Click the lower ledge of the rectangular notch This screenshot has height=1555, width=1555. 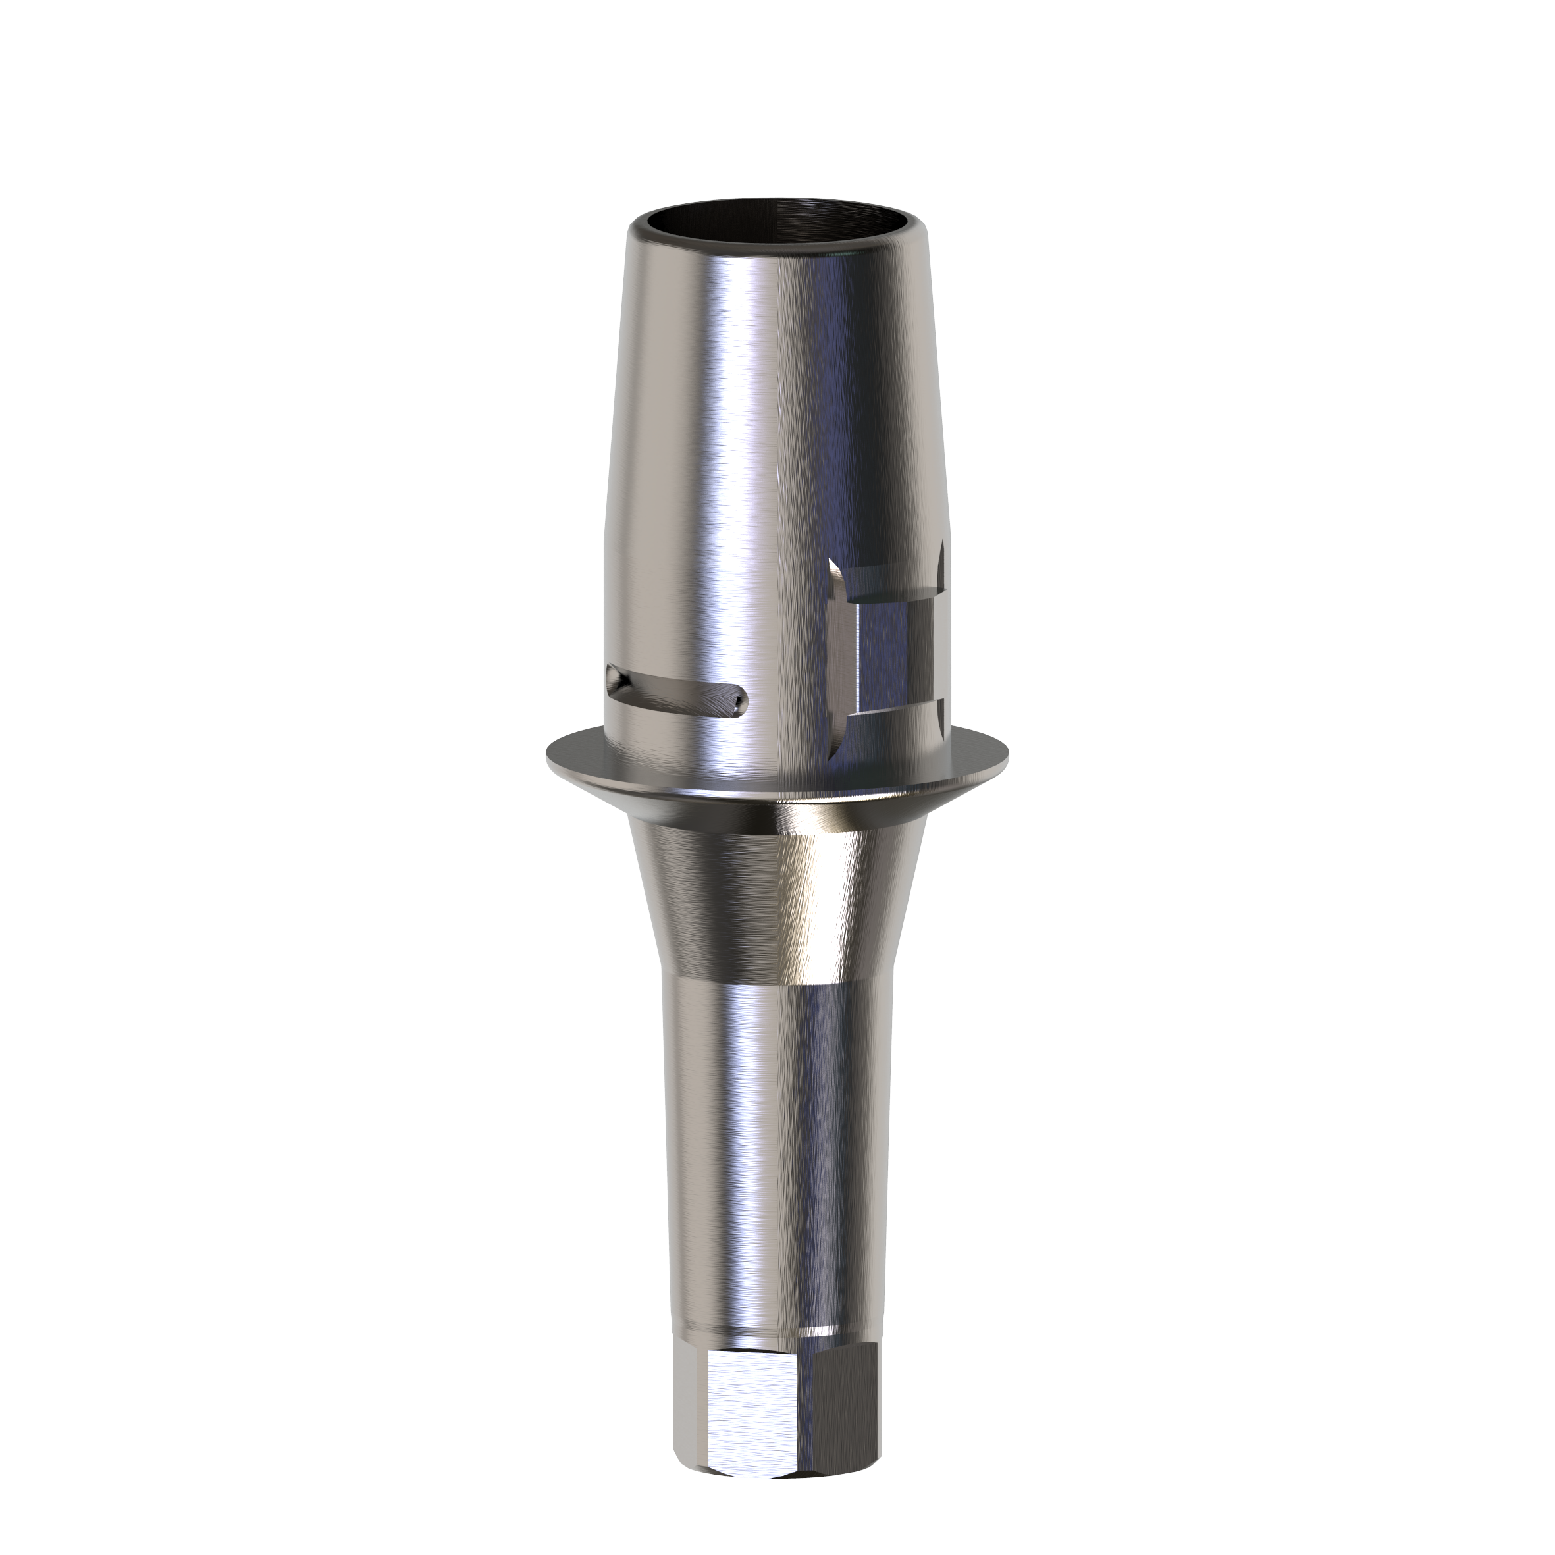point(893,716)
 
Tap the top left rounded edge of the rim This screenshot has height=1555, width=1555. point(636,234)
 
